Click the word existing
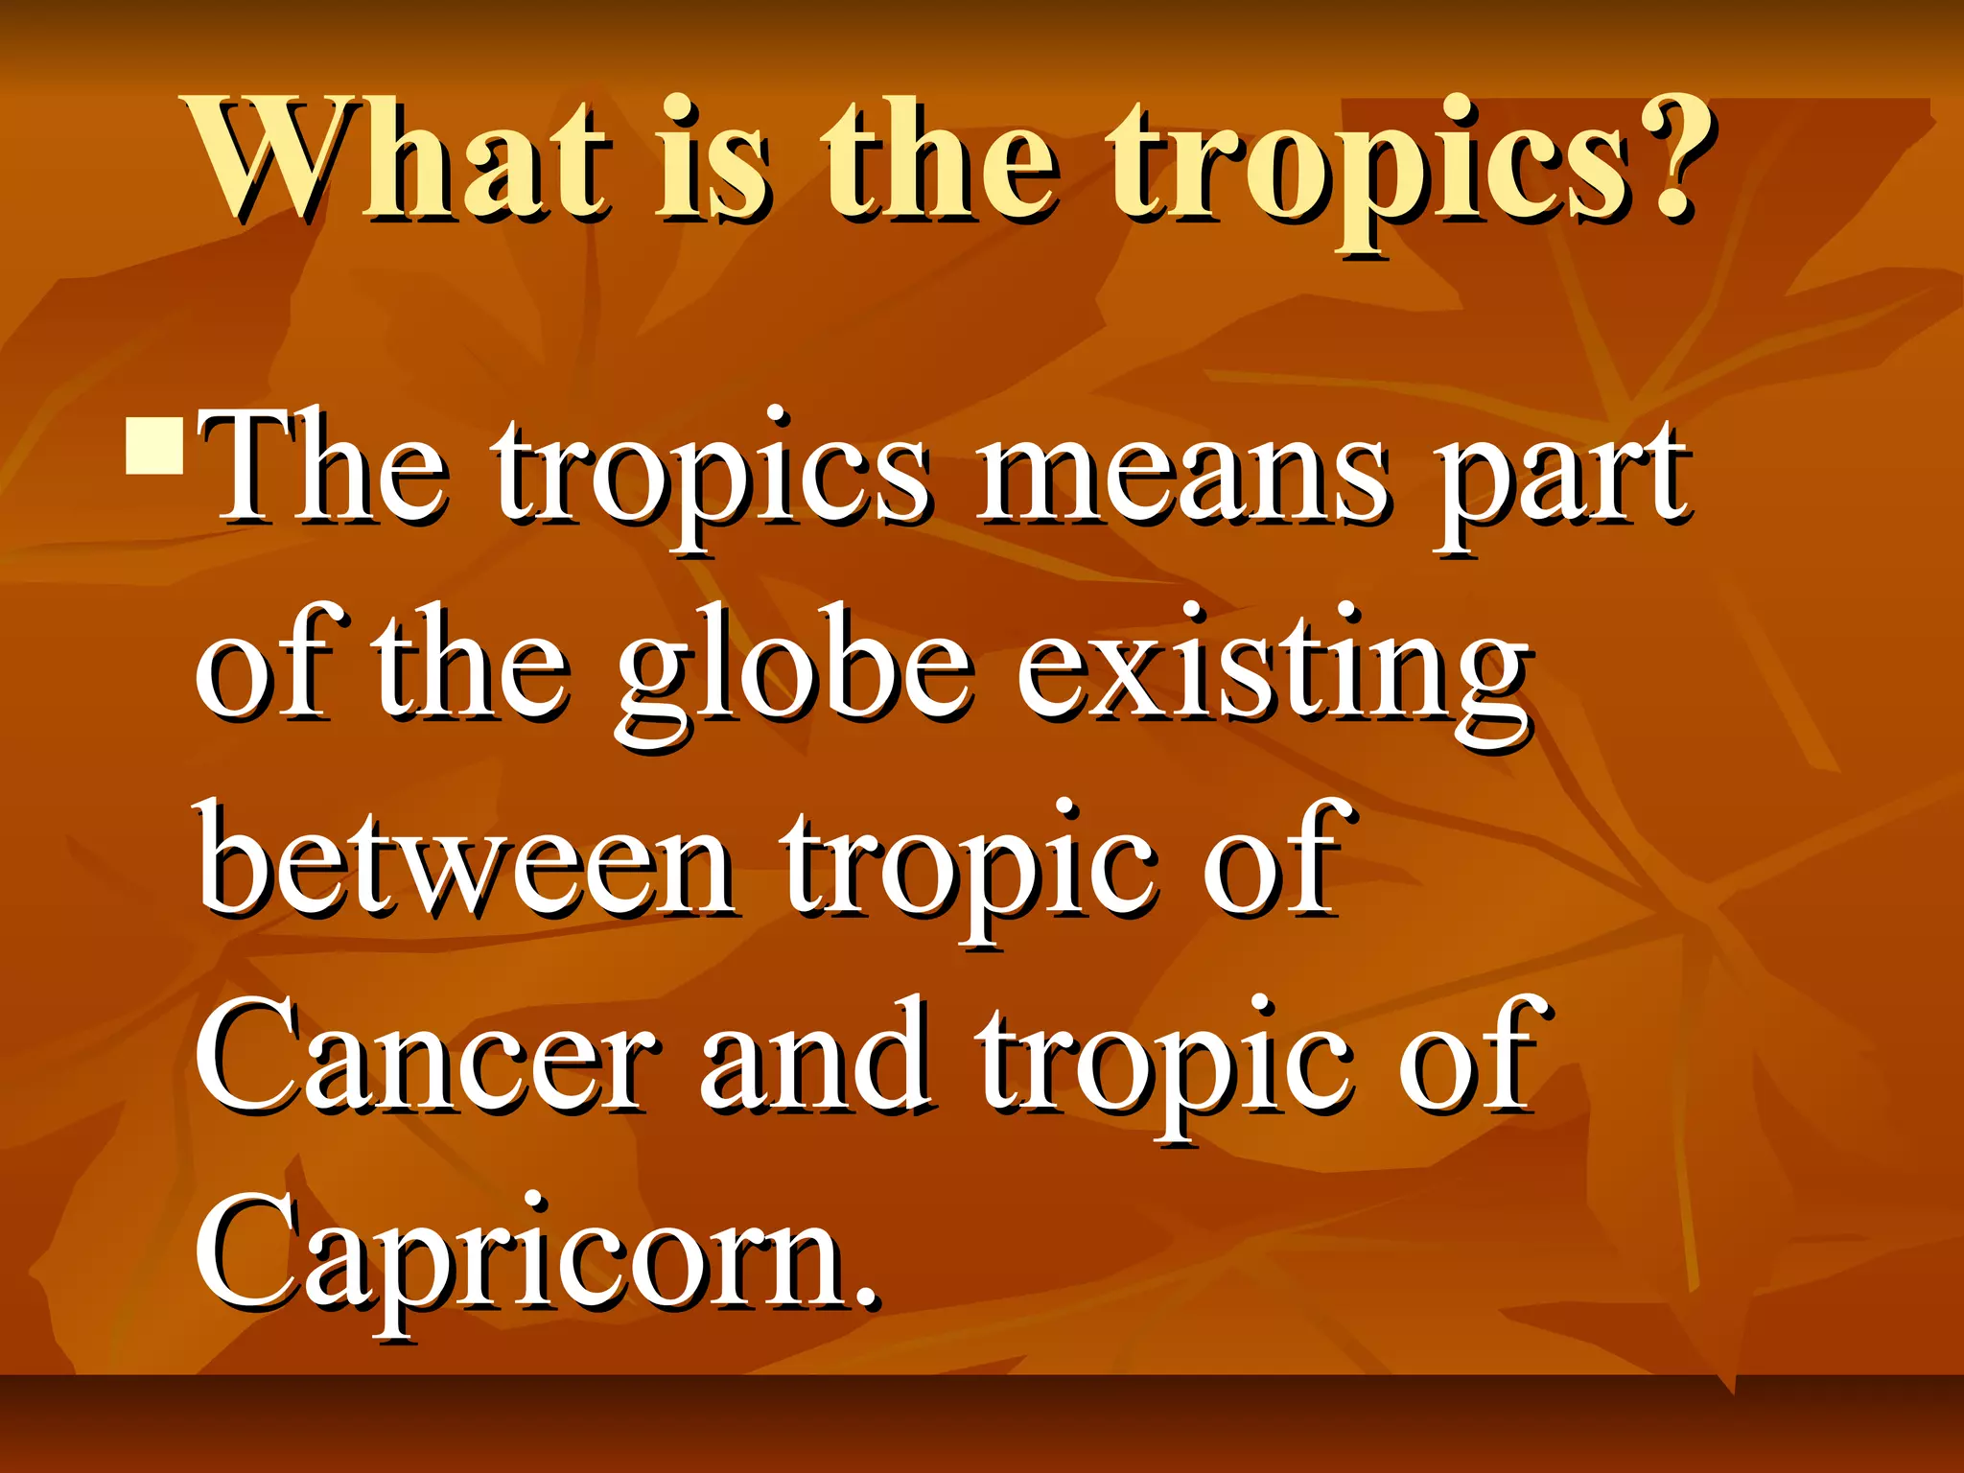1272,671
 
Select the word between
466,863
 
